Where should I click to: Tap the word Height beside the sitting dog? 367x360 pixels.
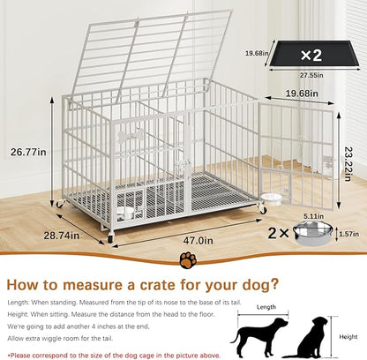(x=348, y=337)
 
